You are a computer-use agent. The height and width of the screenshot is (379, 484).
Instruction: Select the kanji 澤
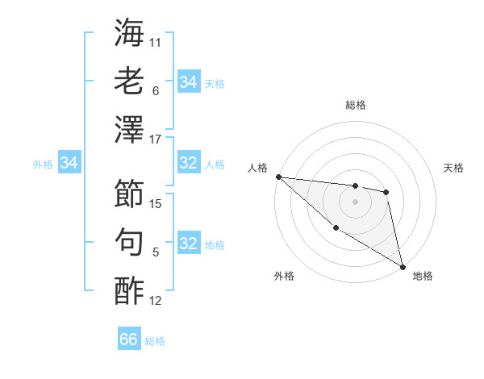click(x=130, y=129)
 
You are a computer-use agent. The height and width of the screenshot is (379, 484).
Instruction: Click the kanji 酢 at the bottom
click(x=130, y=290)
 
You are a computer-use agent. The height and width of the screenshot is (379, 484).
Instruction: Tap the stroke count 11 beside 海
click(x=156, y=42)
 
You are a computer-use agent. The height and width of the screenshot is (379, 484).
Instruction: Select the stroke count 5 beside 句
click(x=156, y=252)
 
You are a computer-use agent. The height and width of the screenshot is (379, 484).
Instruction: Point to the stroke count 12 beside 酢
click(x=156, y=302)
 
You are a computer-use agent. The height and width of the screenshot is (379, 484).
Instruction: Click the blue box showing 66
click(x=129, y=339)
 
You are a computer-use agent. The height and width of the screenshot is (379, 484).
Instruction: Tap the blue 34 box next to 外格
click(x=69, y=164)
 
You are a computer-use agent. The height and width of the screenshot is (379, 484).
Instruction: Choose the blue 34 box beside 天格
click(x=189, y=82)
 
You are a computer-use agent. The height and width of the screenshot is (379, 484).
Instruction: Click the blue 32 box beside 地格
click(x=189, y=244)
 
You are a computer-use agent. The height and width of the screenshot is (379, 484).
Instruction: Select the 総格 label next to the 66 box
click(x=155, y=341)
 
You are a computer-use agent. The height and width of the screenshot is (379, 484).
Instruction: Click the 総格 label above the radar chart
click(x=355, y=105)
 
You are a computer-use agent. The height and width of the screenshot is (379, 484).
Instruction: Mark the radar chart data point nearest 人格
click(x=278, y=177)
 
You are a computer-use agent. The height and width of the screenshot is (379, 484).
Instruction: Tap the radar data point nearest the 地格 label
click(x=402, y=266)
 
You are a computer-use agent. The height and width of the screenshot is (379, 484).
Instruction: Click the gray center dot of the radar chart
click(x=355, y=202)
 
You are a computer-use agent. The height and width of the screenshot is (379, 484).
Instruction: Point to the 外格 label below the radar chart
click(x=284, y=276)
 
